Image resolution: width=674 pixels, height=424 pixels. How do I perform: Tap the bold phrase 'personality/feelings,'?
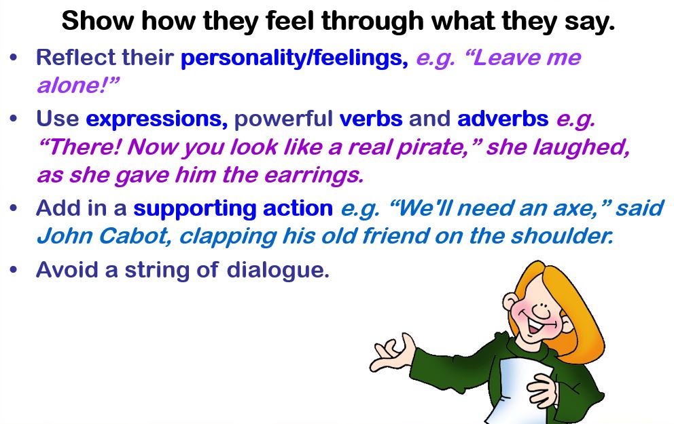tap(294, 58)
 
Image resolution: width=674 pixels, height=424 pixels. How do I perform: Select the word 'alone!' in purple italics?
tap(77, 85)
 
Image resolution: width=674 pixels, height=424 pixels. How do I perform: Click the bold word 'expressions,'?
tap(156, 119)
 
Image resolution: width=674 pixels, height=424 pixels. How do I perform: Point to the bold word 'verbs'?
tap(371, 119)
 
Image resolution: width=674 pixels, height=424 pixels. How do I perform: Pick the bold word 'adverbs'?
tap(503, 119)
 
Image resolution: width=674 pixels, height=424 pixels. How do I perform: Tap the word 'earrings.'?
tap(314, 176)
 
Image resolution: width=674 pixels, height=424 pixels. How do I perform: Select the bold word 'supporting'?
tap(195, 209)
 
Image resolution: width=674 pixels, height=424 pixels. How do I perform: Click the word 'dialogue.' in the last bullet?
tap(278, 271)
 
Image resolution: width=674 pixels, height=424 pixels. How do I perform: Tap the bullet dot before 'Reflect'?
tap(14, 58)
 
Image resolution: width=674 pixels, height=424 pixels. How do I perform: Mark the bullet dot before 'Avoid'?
tap(14, 270)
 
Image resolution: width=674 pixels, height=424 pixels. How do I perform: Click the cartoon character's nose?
tap(542, 310)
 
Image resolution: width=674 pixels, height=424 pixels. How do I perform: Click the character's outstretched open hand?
tap(392, 352)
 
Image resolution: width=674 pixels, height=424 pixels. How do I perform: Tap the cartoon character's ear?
tap(512, 303)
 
